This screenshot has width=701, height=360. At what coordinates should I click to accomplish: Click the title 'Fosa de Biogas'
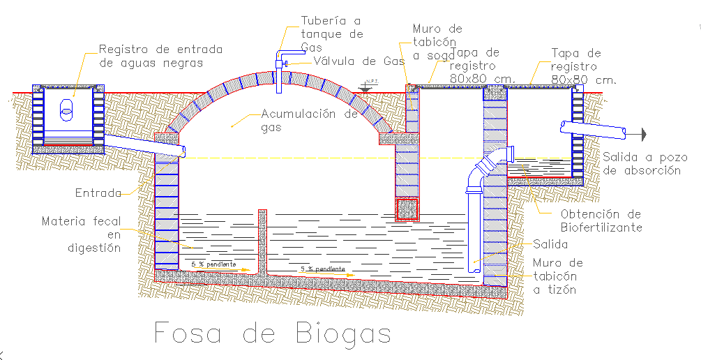pyautogui.click(x=272, y=333)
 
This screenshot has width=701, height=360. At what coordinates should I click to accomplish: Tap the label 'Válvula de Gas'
pyautogui.click(x=359, y=61)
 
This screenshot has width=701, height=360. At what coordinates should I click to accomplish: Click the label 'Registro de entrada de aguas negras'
pyautogui.click(x=160, y=56)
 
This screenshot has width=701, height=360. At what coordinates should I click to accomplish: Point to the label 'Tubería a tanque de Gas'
pyautogui.click(x=332, y=33)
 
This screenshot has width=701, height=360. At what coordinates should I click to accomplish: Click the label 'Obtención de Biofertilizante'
pyautogui.click(x=601, y=220)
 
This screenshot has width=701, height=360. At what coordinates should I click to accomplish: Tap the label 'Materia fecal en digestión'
pyautogui.click(x=81, y=234)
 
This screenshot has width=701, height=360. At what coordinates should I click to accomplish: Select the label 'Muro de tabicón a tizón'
pyautogui.click(x=557, y=276)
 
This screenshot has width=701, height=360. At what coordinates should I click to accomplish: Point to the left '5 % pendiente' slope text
pyautogui.click(x=213, y=264)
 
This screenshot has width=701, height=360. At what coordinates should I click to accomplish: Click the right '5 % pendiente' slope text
pyautogui.click(x=322, y=269)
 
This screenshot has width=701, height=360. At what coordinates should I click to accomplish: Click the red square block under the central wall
pyautogui.click(x=407, y=209)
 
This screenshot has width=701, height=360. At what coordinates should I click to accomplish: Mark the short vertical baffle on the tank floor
pyautogui.click(x=262, y=240)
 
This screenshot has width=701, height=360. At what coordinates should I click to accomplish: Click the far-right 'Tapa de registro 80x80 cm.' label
pyautogui.click(x=583, y=66)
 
